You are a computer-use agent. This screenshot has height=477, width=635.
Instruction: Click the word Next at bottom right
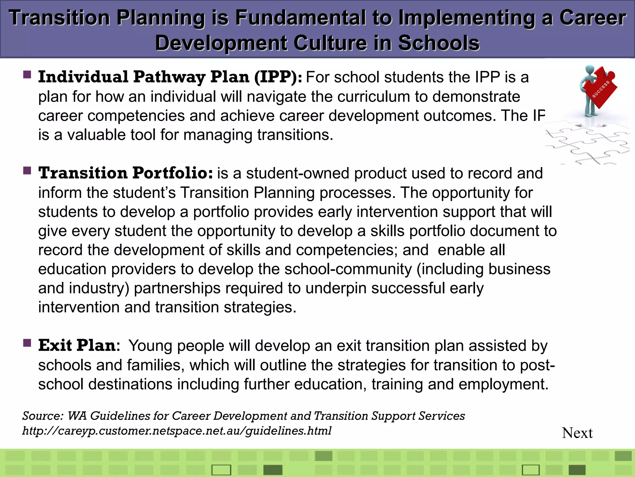pyautogui.click(x=577, y=433)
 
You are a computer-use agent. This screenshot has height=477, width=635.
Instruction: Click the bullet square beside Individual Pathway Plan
pyautogui.click(x=27, y=75)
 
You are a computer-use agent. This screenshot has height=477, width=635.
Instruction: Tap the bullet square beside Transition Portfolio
pyautogui.click(x=27, y=171)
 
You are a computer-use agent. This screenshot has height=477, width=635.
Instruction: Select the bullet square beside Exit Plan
pyautogui.click(x=27, y=343)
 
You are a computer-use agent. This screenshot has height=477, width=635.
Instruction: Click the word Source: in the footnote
pyautogui.click(x=43, y=416)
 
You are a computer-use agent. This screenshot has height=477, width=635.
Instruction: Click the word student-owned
pyautogui.click(x=298, y=173)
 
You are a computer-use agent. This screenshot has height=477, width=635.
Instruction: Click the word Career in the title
pyautogui.click(x=593, y=18)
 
